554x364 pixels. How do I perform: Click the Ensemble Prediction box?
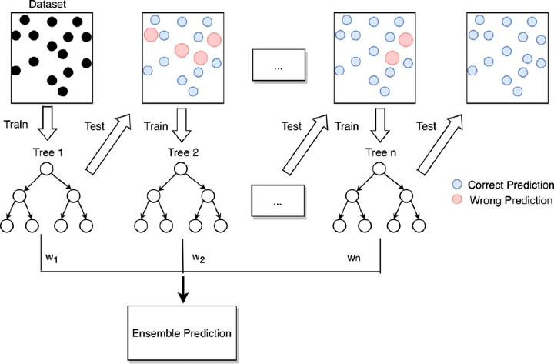point(181,333)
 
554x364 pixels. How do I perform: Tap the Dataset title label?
point(46,5)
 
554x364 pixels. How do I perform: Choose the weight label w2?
point(199,256)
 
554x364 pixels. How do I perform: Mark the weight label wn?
point(355,256)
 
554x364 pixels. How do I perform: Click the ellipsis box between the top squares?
point(279,67)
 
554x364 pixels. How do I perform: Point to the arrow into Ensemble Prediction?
point(182,287)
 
